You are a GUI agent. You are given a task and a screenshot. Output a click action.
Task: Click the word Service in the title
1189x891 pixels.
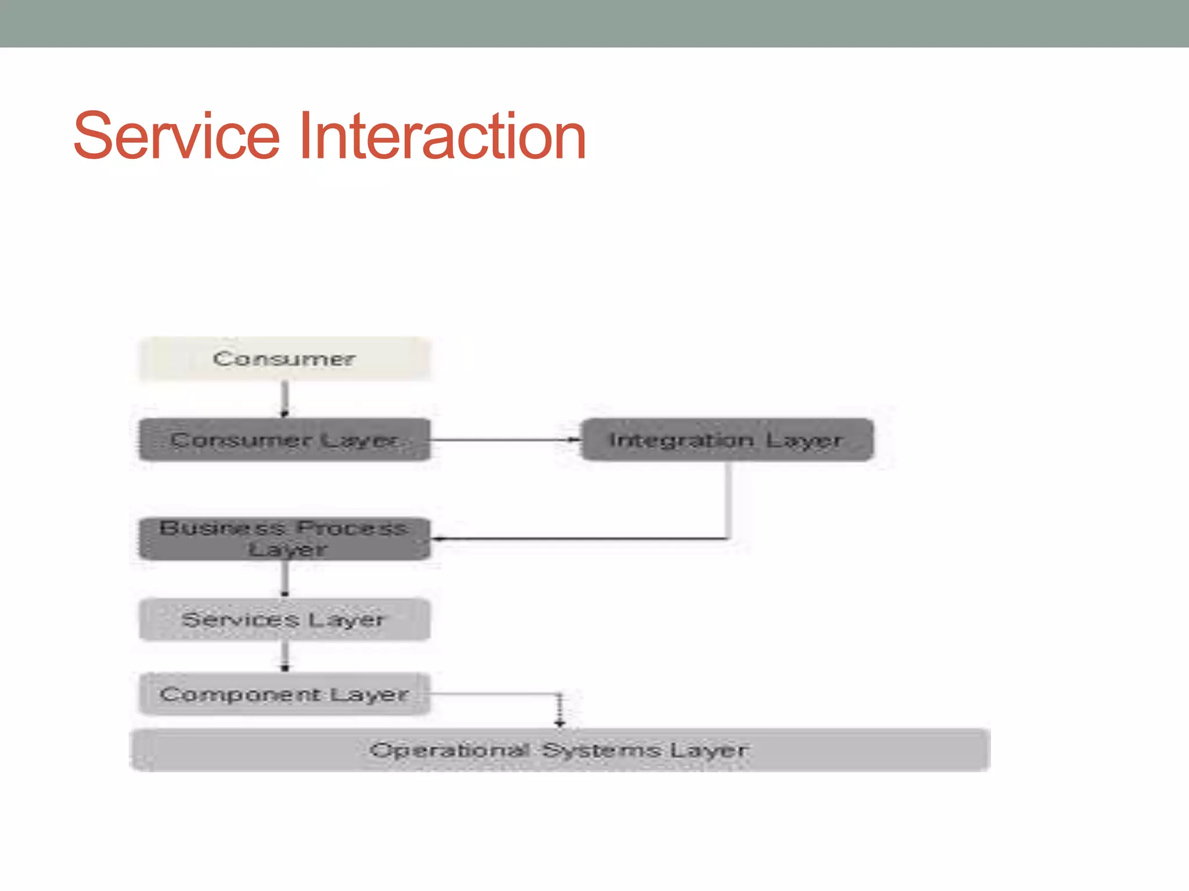tap(177, 137)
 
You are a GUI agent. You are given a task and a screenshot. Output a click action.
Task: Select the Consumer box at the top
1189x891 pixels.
tap(284, 358)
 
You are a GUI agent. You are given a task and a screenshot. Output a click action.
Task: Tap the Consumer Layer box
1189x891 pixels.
tap(284, 440)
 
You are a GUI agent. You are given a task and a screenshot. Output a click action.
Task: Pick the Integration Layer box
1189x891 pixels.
tap(726, 440)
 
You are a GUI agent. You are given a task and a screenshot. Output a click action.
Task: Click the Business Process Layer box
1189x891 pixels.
tap(284, 538)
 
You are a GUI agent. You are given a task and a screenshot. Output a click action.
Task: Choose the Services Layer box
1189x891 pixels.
tap(284, 620)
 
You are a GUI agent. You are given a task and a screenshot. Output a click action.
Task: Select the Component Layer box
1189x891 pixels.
tap(284, 694)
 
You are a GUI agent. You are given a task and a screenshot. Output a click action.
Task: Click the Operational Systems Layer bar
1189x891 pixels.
tap(560, 750)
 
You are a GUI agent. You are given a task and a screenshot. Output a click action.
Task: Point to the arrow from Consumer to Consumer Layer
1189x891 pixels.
tap(284, 399)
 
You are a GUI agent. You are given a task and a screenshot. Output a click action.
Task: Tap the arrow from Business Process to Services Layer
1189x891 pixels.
tap(284, 579)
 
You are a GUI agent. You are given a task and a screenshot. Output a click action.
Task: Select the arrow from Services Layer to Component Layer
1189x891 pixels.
tap(284, 657)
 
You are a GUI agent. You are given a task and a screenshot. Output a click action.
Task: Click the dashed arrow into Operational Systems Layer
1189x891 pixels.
tap(559, 711)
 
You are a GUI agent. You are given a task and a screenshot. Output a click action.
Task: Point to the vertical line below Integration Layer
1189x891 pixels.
tap(727, 499)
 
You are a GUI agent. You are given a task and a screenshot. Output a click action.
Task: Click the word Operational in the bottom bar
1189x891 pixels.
tap(449, 750)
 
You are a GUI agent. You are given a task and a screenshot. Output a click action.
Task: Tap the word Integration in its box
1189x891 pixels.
tap(681, 440)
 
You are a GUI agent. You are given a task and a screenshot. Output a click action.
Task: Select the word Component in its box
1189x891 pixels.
tap(240, 694)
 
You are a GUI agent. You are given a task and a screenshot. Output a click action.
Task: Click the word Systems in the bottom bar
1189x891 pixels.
tap(601, 750)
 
